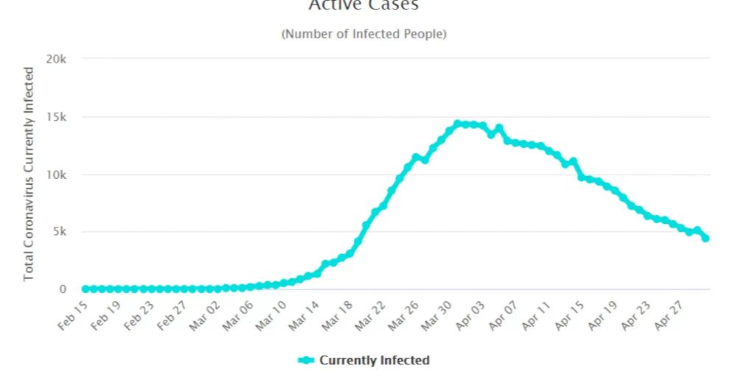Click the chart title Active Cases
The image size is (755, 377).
coord(363,6)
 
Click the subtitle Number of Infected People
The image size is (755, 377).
coord(363,34)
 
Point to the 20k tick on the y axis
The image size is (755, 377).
coord(57,59)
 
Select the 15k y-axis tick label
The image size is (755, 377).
coord(57,117)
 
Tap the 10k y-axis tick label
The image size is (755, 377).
coord(57,175)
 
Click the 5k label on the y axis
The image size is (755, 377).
coord(60,232)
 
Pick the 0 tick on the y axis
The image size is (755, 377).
coord(63,289)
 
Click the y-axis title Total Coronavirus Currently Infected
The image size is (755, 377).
coord(29,174)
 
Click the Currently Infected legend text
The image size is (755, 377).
coord(374,360)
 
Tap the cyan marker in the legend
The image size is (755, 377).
coord(306,360)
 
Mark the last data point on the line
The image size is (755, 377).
coord(706,238)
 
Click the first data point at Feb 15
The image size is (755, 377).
coord(85,289)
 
